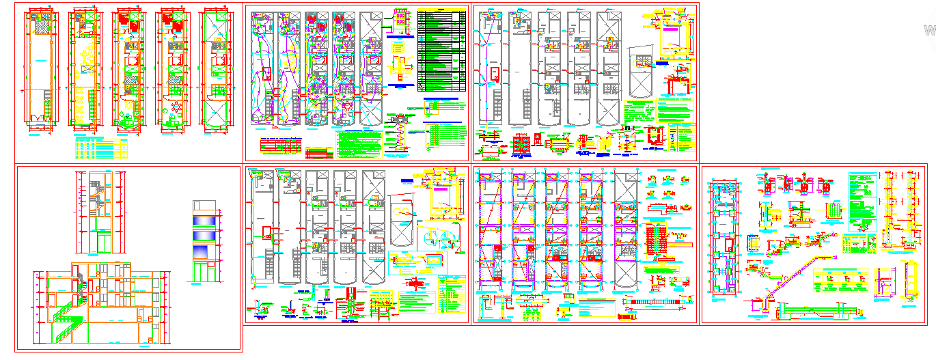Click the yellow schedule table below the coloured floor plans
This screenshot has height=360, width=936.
tap(100, 148)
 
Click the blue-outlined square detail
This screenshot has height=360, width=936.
tap(754, 243)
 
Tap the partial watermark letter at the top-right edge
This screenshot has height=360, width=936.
tap(929, 30)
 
